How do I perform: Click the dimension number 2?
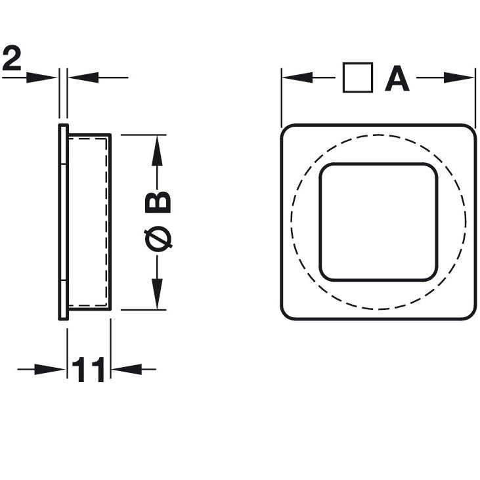click(12, 59)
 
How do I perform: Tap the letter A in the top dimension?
click(397, 79)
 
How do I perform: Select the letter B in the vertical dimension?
click(159, 202)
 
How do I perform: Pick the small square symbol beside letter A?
click(358, 78)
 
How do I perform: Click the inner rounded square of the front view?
click(379, 221)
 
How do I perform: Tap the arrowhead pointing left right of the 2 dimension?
click(81, 77)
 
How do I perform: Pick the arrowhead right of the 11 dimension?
click(125, 370)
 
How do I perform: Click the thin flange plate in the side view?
click(63, 221)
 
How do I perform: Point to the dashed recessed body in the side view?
click(88, 221)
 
